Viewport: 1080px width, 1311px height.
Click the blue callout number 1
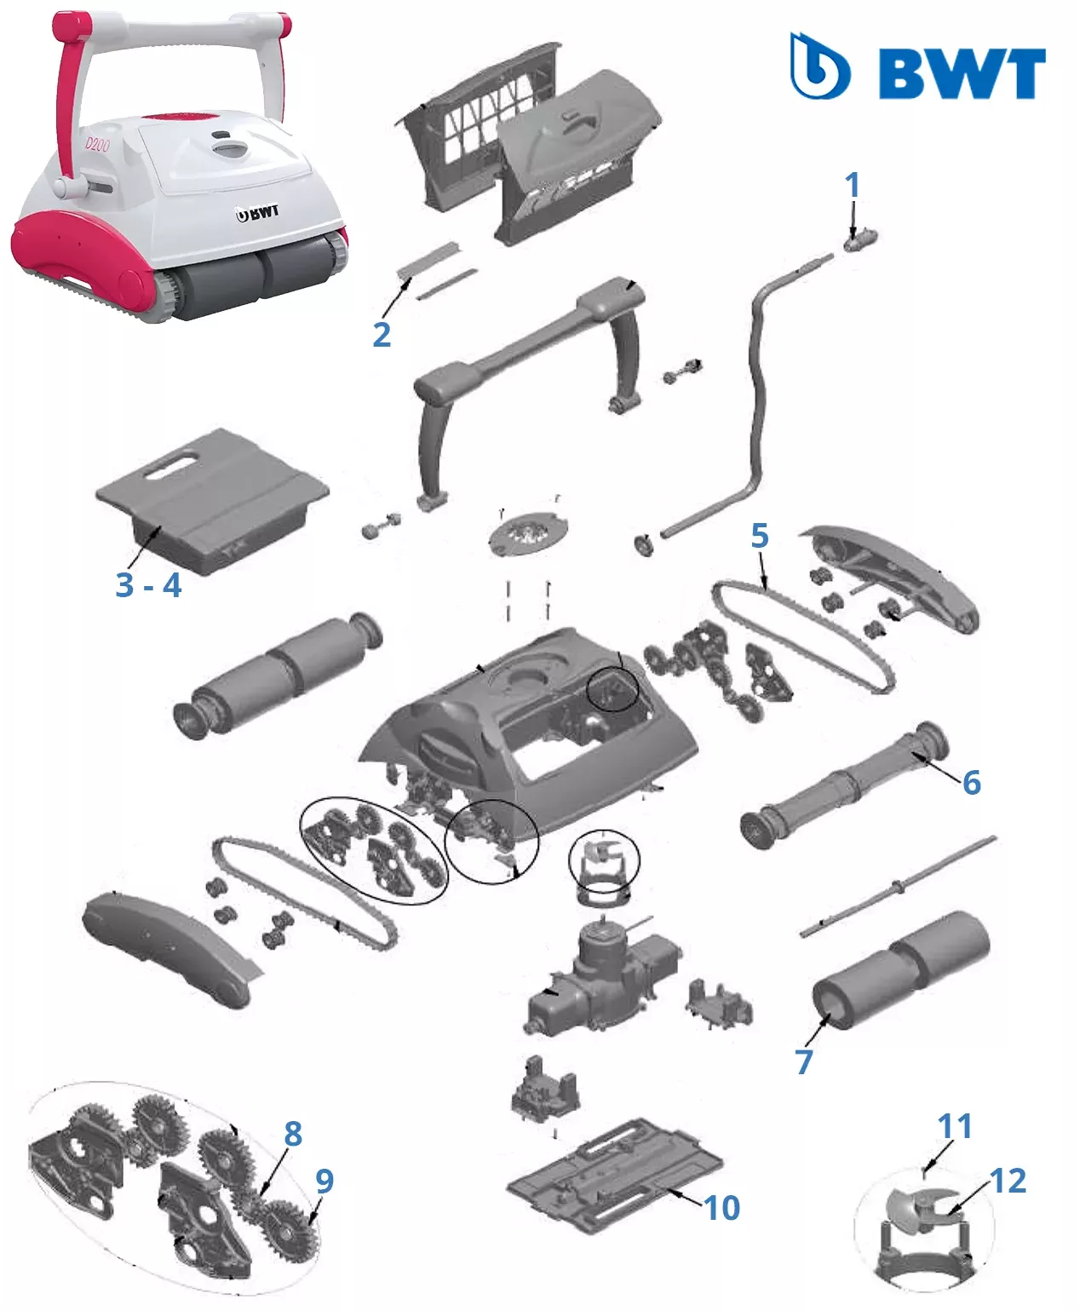click(x=852, y=185)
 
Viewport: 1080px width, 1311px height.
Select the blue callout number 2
click(x=382, y=335)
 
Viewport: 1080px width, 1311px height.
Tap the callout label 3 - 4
click(x=149, y=585)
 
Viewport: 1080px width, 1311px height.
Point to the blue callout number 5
click(x=760, y=536)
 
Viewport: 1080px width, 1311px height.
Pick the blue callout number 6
click(x=971, y=782)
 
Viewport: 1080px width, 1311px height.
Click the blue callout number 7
click(x=804, y=1061)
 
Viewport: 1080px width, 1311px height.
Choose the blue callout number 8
click(x=293, y=1133)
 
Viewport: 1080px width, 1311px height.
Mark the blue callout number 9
click(x=324, y=1181)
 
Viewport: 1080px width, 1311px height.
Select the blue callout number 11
click(x=955, y=1126)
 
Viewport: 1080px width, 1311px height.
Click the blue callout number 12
click(x=1008, y=1181)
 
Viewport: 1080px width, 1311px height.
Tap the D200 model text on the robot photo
click(x=97, y=146)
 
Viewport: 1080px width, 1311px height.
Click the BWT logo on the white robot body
click(x=257, y=214)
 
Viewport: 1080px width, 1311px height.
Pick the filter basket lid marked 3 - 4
click(x=211, y=500)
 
